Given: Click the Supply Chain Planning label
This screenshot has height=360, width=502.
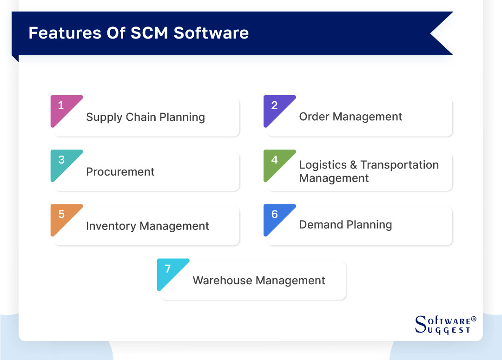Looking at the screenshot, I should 145,117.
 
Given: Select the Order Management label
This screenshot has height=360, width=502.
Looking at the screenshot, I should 350,117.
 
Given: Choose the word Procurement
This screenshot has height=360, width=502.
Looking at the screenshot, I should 120,171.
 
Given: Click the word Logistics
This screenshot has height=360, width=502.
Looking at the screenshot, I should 323,165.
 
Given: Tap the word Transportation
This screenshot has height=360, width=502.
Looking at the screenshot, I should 399,165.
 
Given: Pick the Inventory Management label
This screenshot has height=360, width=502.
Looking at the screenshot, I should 147,226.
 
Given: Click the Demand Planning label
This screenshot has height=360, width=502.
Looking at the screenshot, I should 345,225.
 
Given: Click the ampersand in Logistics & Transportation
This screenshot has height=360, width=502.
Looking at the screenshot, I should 353,165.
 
